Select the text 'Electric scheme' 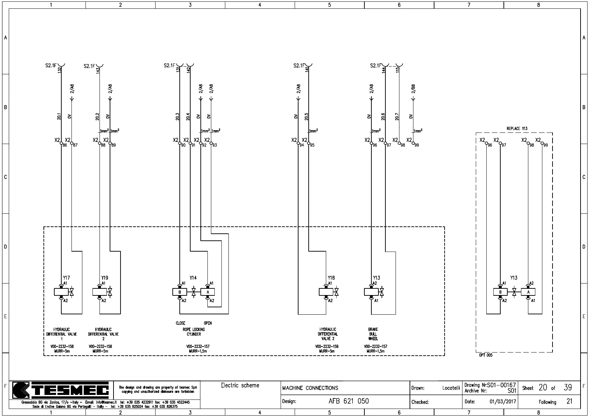click(x=240, y=385)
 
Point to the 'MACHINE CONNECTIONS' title click(x=310, y=388)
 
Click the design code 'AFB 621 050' click(x=349, y=401)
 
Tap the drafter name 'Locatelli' click(x=451, y=388)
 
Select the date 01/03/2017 click(x=503, y=402)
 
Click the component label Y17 click(x=66, y=278)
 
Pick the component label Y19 click(x=105, y=278)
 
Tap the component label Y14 click(x=193, y=278)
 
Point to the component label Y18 click(x=331, y=278)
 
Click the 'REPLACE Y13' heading click(x=517, y=129)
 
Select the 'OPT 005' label click(x=486, y=355)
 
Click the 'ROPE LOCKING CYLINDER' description click(x=194, y=332)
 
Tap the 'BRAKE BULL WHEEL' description click(x=373, y=334)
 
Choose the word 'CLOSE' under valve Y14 click(x=180, y=323)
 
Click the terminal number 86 click(x=65, y=145)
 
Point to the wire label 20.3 click(x=178, y=117)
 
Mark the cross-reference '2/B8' click(x=413, y=89)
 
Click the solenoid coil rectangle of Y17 click(x=61, y=292)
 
